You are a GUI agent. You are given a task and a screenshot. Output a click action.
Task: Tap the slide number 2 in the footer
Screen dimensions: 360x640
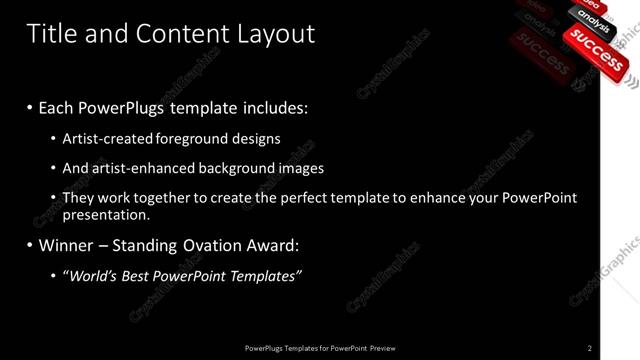click(x=590, y=348)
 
